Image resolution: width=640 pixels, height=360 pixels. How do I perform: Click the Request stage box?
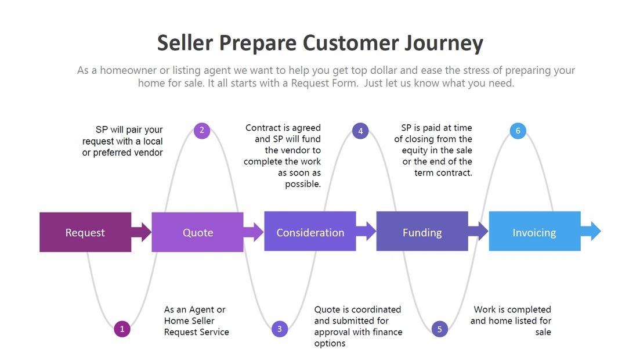85,232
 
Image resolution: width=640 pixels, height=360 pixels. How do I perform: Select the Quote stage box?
197,232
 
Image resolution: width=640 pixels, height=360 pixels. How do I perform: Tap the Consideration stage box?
310,232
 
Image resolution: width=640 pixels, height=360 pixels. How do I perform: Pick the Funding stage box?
422,232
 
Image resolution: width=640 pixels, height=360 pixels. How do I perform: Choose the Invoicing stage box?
534,232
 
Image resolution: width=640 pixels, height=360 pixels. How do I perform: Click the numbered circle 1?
122,329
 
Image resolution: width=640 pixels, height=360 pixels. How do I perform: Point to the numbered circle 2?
201,130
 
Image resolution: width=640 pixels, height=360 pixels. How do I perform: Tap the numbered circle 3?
280,329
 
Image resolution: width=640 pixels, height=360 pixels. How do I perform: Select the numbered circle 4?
360,131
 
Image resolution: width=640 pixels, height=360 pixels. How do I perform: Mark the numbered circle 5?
440,329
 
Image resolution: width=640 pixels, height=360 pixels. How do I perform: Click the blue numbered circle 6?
518,131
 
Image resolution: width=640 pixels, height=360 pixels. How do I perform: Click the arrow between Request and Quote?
141,232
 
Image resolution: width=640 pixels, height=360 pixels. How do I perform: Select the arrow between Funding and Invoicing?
478,231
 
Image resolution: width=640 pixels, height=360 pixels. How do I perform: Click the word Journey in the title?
444,44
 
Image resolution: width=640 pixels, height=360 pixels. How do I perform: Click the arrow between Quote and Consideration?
254,232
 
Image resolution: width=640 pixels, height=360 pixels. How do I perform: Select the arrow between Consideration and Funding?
366,231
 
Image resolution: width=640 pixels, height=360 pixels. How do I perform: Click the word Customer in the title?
352,44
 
